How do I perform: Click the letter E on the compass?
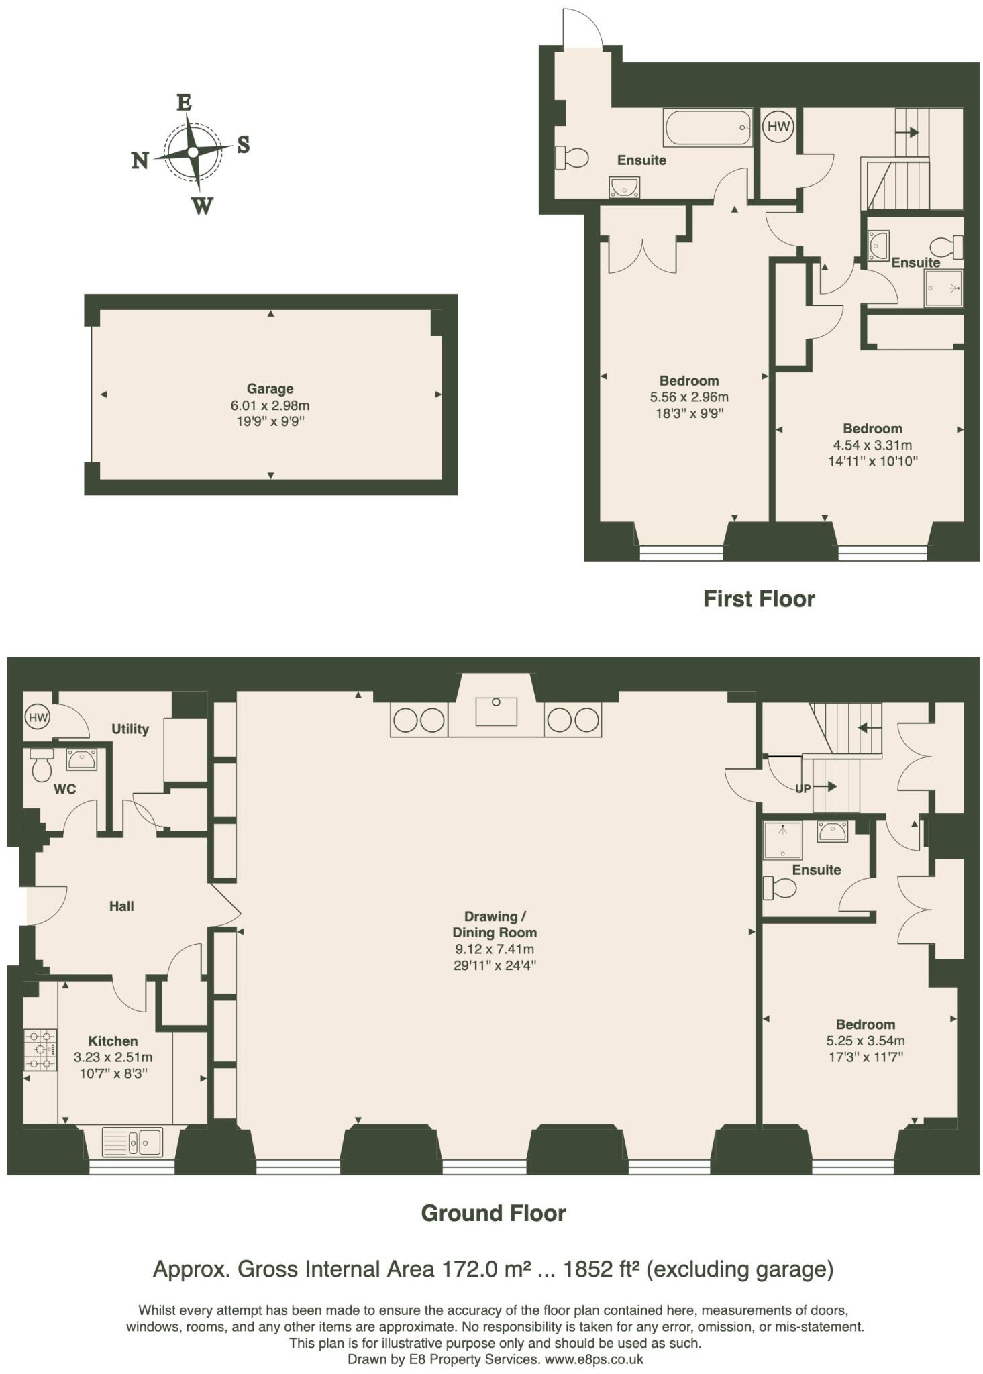(184, 103)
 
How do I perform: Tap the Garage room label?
(270, 388)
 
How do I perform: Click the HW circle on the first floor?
(778, 126)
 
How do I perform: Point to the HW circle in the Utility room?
(38, 717)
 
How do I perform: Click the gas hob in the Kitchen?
(40, 1050)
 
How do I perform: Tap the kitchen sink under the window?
(132, 1141)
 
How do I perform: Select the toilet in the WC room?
(42, 765)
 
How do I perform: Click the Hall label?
(121, 906)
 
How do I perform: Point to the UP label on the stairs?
(803, 788)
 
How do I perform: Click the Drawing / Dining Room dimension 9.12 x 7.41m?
(494, 949)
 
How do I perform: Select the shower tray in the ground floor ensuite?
(782, 840)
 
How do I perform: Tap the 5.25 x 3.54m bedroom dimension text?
(865, 1041)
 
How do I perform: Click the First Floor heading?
(758, 598)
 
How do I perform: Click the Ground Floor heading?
(493, 1213)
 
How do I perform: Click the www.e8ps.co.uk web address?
(593, 1359)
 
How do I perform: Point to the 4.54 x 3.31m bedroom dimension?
(872, 445)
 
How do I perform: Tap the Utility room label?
(130, 729)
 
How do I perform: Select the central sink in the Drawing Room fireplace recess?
(496, 711)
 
